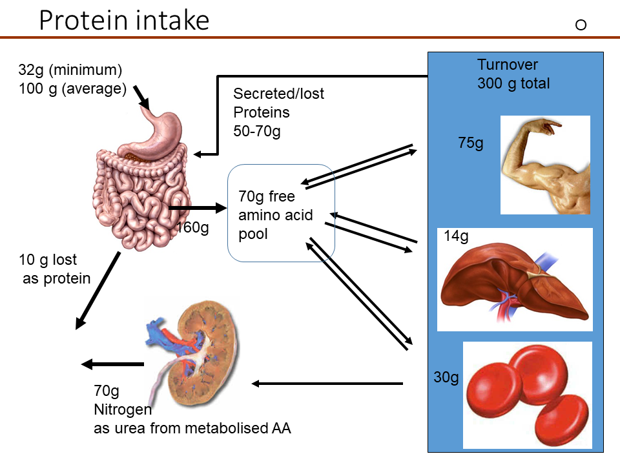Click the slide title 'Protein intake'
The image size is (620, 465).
(124, 21)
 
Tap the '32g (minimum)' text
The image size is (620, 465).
(70, 70)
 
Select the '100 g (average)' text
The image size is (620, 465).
(72, 88)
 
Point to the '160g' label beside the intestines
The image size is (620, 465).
(192, 228)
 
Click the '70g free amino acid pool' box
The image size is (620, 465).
(281, 214)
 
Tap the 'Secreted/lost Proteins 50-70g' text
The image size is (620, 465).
(278, 112)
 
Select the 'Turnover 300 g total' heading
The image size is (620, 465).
(513, 74)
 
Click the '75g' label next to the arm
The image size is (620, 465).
(470, 143)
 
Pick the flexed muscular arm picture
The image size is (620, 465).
(546, 165)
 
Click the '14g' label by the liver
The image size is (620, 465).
(456, 236)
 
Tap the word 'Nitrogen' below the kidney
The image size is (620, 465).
(123, 409)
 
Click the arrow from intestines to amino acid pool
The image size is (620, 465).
(198, 208)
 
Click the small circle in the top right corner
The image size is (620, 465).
(580, 25)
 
